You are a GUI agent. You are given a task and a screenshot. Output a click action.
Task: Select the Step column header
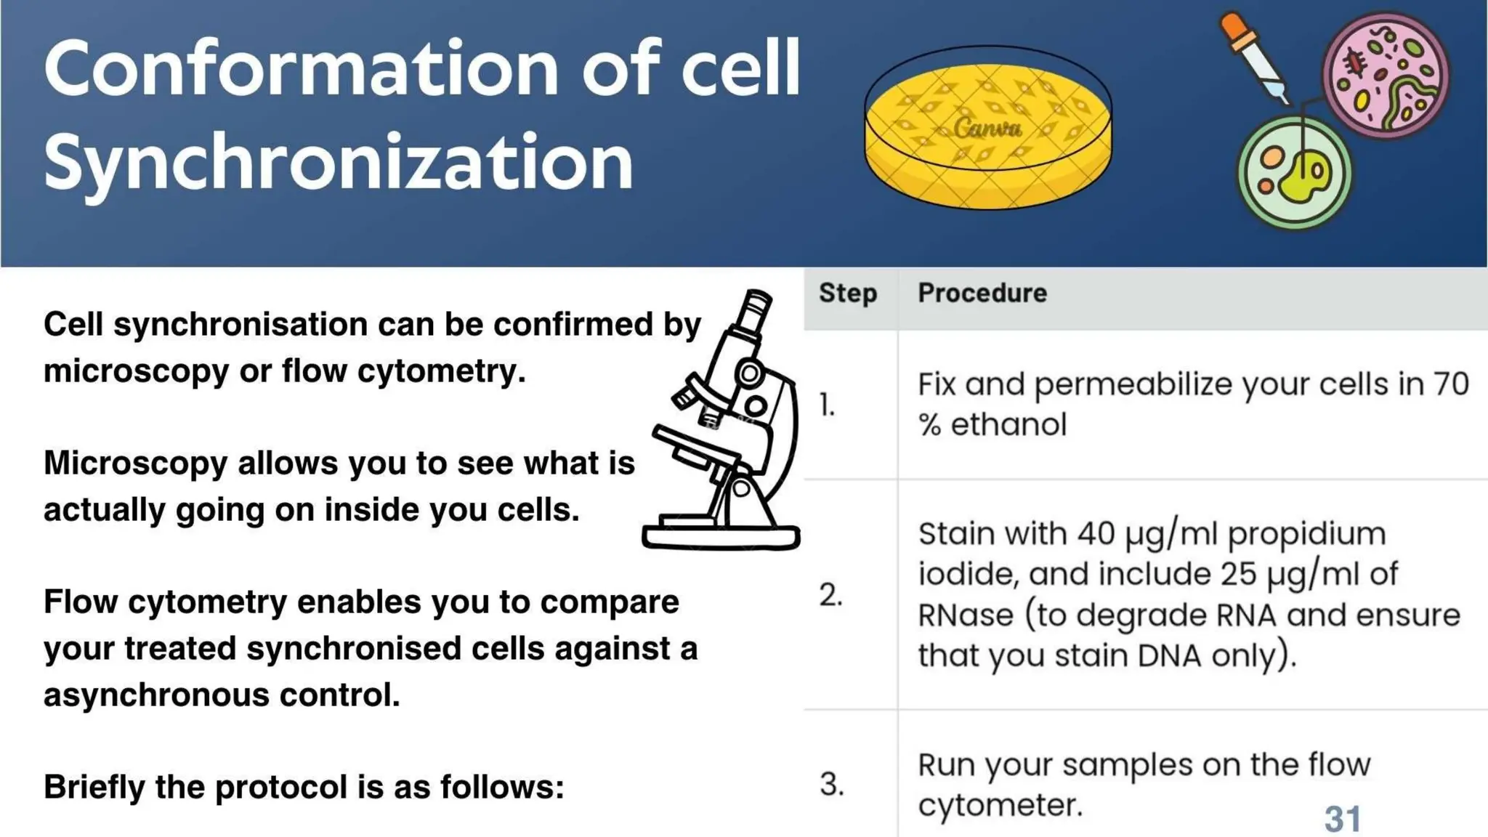click(848, 293)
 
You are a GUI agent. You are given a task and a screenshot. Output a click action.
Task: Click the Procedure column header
click(982, 293)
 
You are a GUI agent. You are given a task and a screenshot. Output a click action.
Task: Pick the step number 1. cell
click(827, 405)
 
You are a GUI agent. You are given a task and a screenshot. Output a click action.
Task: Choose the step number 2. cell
click(830, 595)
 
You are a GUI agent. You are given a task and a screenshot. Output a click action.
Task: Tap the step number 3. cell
click(832, 784)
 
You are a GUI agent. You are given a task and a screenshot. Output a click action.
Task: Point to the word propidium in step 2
click(1306, 534)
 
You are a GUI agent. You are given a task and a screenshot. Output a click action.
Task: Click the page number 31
click(1342, 819)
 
